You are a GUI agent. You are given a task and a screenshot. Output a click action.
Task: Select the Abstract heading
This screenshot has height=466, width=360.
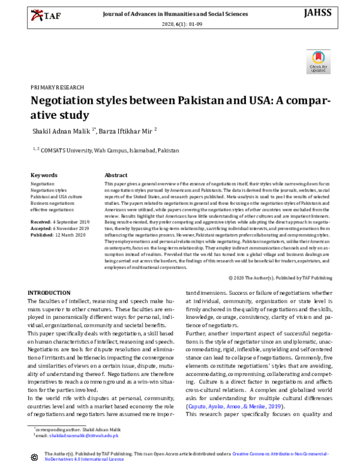point(116,175)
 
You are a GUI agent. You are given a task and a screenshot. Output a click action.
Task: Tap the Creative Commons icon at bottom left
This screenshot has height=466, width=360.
point(34,458)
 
